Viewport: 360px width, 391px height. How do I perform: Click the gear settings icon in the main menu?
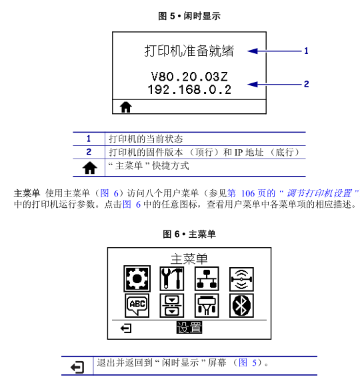137,278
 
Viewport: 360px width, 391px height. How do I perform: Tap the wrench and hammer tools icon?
172,278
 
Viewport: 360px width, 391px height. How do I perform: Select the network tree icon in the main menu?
207,278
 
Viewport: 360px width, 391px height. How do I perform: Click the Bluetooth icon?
241,306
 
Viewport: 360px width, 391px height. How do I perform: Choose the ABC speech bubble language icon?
137,306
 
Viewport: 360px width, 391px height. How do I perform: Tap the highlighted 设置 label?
189,328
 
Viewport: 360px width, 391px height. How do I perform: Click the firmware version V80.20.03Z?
189,77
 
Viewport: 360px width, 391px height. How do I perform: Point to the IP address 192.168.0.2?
189,89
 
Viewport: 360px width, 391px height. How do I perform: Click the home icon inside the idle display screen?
125,107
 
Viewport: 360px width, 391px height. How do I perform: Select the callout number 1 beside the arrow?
306,51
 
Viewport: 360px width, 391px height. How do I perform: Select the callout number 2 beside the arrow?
306,84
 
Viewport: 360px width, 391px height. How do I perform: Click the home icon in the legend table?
89,168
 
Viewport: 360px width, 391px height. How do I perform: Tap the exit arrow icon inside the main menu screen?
126,328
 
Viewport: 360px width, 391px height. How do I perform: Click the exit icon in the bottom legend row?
77,367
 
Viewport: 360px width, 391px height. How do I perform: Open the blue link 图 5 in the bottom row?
247,362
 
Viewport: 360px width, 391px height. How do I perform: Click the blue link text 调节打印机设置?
319,193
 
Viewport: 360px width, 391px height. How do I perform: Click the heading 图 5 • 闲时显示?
189,16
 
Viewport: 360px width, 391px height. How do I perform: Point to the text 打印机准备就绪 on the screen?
189,51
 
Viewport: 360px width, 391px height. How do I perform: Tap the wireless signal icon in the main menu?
241,279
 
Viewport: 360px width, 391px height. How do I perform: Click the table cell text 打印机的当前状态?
146,139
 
